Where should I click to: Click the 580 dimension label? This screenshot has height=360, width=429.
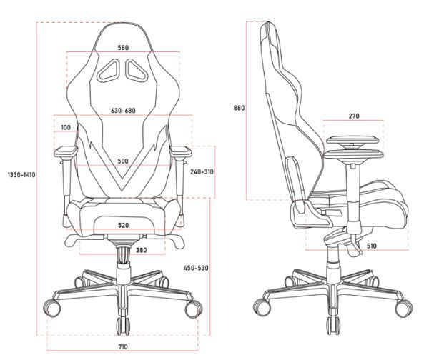(123, 48)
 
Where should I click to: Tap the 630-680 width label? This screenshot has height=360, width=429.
(123, 111)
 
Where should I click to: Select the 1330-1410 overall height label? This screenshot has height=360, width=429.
(21, 175)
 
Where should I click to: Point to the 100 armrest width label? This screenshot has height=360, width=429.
(66, 127)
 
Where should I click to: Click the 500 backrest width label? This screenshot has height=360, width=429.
(123, 161)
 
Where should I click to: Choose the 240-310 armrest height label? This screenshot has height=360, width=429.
(202, 172)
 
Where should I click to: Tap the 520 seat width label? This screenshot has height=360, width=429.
(124, 226)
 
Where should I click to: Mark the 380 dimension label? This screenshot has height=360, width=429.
(141, 250)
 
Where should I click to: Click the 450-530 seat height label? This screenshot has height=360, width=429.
(196, 268)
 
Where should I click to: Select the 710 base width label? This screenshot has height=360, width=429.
(123, 347)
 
